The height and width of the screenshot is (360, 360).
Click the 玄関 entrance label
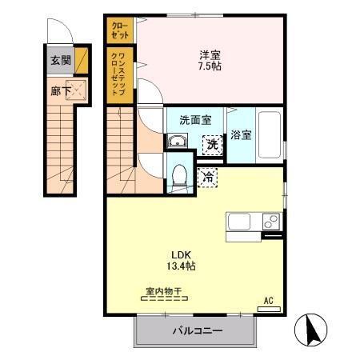tap(60, 60)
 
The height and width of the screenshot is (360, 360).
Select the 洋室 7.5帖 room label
tap(210, 61)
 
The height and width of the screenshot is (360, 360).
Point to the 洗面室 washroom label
tap(194, 120)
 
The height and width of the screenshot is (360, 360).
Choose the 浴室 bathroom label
tap(241, 135)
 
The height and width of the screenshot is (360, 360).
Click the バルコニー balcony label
tap(197, 330)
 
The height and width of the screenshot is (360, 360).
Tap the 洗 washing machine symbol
tap(212, 145)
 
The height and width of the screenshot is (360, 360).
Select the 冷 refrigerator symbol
tap(207, 176)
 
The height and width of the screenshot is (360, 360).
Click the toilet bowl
tap(179, 173)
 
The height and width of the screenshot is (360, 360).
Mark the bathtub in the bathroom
tap(268, 136)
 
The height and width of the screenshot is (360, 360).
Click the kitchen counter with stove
tap(254, 222)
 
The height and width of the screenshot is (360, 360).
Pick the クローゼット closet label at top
tap(118, 30)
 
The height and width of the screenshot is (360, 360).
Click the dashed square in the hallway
tap(78, 90)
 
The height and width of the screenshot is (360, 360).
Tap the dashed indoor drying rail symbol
tap(164, 299)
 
